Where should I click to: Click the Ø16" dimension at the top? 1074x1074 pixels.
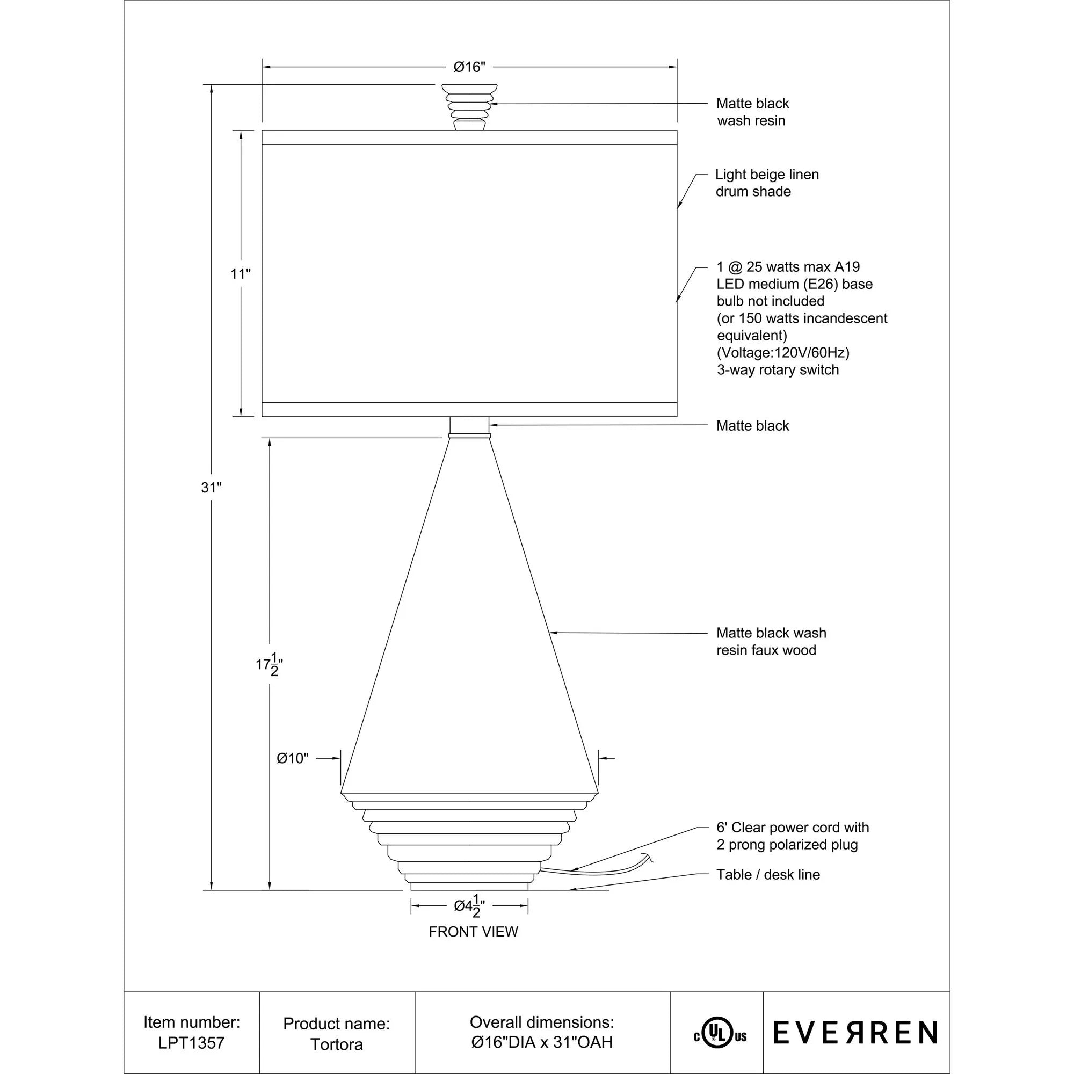469,67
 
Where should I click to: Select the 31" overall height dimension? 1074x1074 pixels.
211,488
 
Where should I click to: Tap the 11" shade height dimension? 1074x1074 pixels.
241,273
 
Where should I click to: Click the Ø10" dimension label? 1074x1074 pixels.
293,758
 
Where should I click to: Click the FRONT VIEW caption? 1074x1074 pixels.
473,932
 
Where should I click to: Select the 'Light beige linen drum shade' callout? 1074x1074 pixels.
767,183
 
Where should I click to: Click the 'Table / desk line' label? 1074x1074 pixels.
768,874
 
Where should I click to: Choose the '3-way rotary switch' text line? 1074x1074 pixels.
778,369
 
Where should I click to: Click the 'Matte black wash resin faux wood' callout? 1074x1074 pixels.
771,641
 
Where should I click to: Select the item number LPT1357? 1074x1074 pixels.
191,1042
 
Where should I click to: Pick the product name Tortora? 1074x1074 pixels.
336,1044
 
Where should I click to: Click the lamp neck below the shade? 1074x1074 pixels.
469,427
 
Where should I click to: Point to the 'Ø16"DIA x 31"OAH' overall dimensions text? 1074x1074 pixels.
542,1042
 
